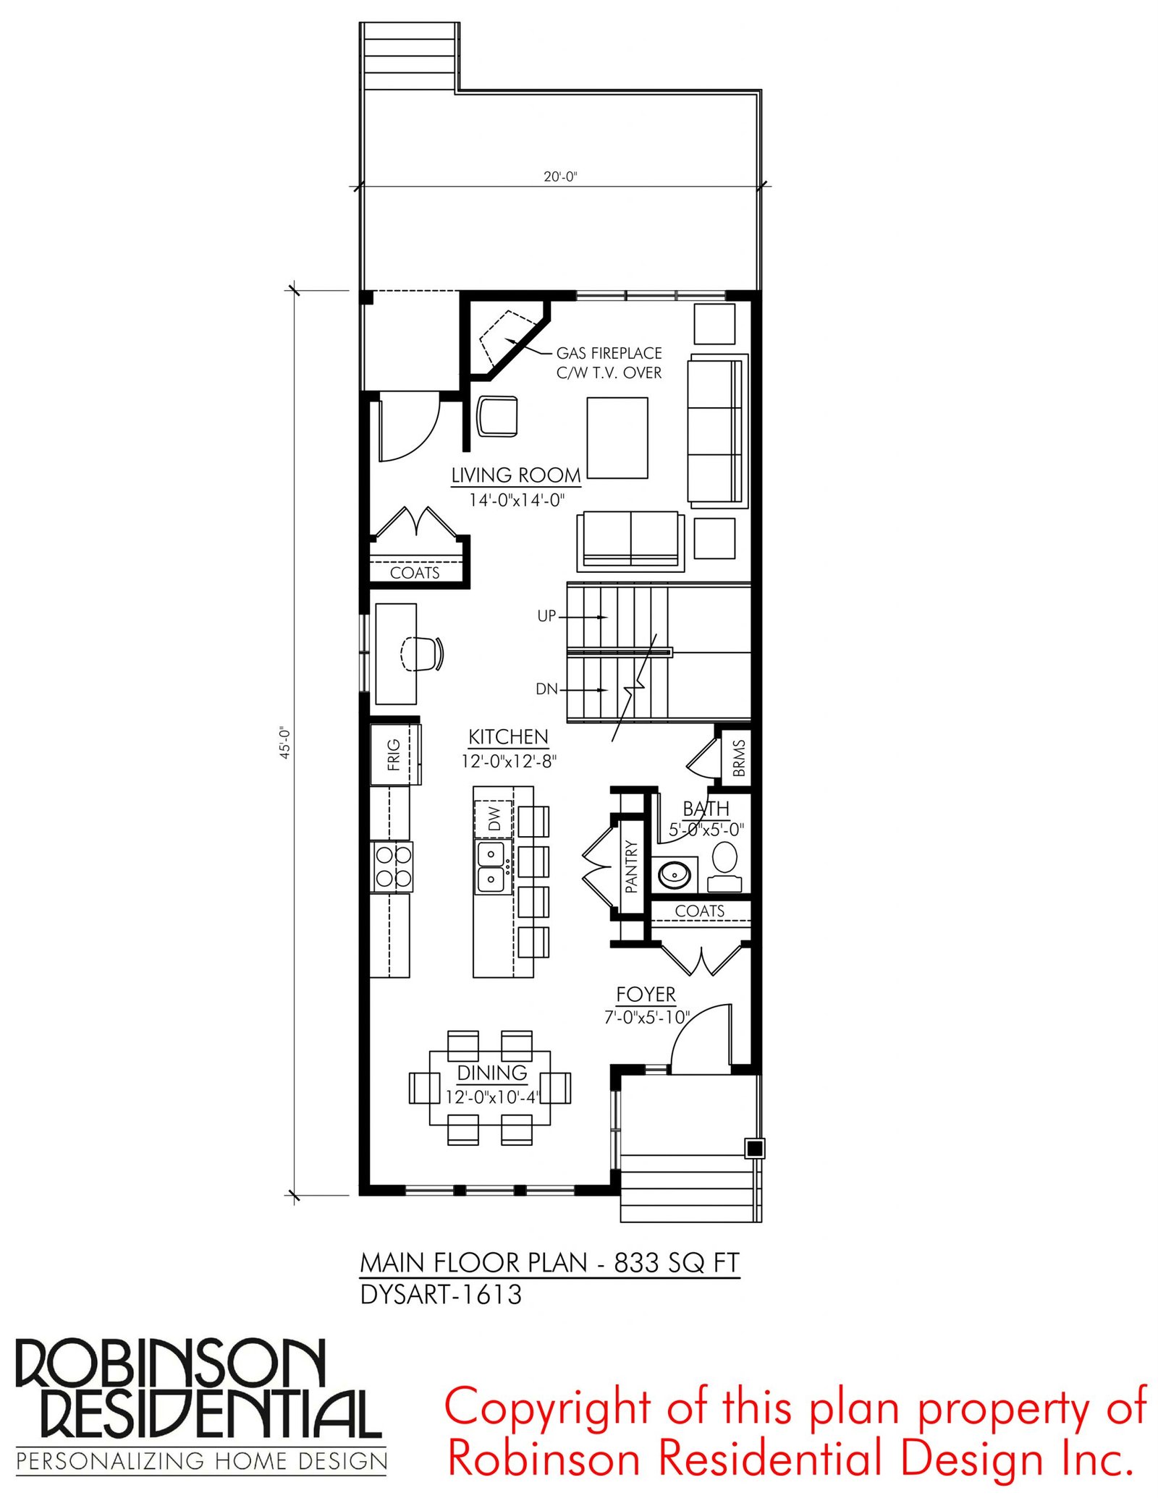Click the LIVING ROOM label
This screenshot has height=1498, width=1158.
tap(516, 475)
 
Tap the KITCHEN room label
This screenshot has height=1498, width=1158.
tap(508, 737)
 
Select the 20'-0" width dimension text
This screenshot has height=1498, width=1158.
tap(560, 176)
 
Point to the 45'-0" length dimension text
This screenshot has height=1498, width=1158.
tap(285, 743)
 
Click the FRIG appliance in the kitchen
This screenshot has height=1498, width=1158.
tap(394, 754)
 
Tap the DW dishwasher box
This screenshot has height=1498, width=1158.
tap(494, 819)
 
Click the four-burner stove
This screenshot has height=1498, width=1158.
tap(392, 867)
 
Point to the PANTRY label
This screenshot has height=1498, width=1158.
tap(631, 866)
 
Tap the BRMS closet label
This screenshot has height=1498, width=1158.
tap(738, 757)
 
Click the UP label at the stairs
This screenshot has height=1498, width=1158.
tap(546, 616)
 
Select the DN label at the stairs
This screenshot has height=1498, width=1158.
tap(546, 689)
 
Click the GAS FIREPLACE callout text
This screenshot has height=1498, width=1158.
tap(609, 353)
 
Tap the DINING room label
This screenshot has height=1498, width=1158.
tap(492, 1073)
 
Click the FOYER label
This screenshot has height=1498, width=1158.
tap(646, 995)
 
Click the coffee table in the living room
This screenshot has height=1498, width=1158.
tap(617, 438)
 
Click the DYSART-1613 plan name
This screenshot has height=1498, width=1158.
tap(441, 1295)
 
